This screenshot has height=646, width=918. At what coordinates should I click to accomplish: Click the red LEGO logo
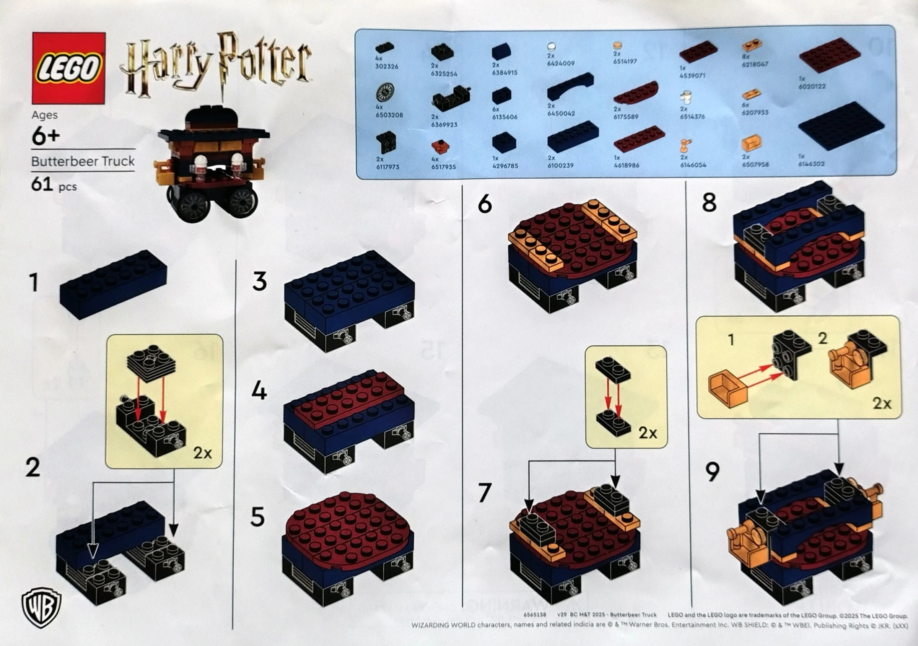coord(68,68)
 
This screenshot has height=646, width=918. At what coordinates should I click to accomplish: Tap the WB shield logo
coord(42,607)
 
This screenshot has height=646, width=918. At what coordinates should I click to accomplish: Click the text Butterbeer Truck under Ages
coord(83,161)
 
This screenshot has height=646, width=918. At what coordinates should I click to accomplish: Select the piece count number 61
coord(42,185)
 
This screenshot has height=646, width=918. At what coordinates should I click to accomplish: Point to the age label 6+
coord(46,137)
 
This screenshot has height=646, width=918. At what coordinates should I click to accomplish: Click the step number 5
coord(257,517)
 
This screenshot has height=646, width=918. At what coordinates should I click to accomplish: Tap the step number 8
coord(709,203)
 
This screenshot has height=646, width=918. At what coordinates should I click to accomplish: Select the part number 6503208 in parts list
coord(389,115)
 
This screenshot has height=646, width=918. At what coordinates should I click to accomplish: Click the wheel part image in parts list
coord(385,92)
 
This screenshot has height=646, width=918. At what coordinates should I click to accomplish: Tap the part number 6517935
coord(443,167)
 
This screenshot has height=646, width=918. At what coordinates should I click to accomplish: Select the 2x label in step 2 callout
coord(203,453)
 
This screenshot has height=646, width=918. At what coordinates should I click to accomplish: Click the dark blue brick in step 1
coord(114,285)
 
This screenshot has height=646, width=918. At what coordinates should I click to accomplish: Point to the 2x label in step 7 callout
coord(648,433)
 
